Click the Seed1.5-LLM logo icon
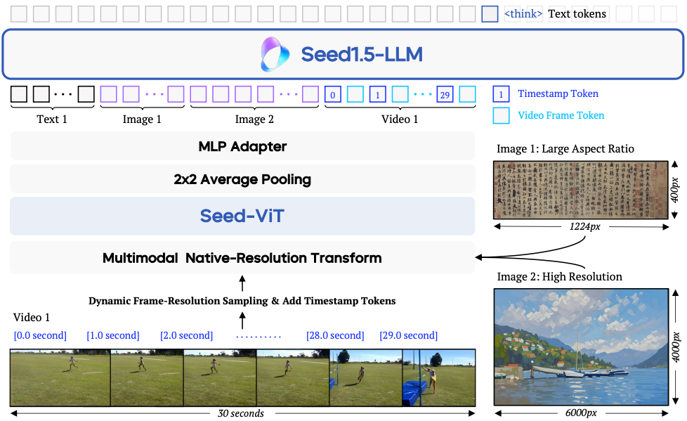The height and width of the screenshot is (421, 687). pyautogui.click(x=275, y=54)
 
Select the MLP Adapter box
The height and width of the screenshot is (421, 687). pyautogui.click(x=242, y=147)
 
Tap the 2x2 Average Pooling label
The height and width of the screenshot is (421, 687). pyautogui.click(x=242, y=179)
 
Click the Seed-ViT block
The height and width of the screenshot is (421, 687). pyautogui.click(x=242, y=216)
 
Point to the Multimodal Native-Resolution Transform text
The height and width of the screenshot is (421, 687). pyautogui.click(x=242, y=258)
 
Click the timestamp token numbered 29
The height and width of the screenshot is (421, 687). pyautogui.click(x=445, y=94)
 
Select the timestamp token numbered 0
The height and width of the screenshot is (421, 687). pyautogui.click(x=333, y=94)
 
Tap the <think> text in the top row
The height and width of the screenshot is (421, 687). pyautogui.click(x=523, y=13)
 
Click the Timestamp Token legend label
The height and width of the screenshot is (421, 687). pyautogui.click(x=558, y=93)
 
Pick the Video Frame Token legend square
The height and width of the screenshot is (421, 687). pyautogui.click(x=502, y=115)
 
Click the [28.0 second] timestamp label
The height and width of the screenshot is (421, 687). pyautogui.click(x=335, y=335)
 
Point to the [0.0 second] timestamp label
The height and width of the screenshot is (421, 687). pyautogui.click(x=40, y=335)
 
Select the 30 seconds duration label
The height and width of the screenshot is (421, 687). pyautogui.click(x=241, y=413)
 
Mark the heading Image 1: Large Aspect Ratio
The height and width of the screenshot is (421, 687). pyautogui.click(x=565, y=149)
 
